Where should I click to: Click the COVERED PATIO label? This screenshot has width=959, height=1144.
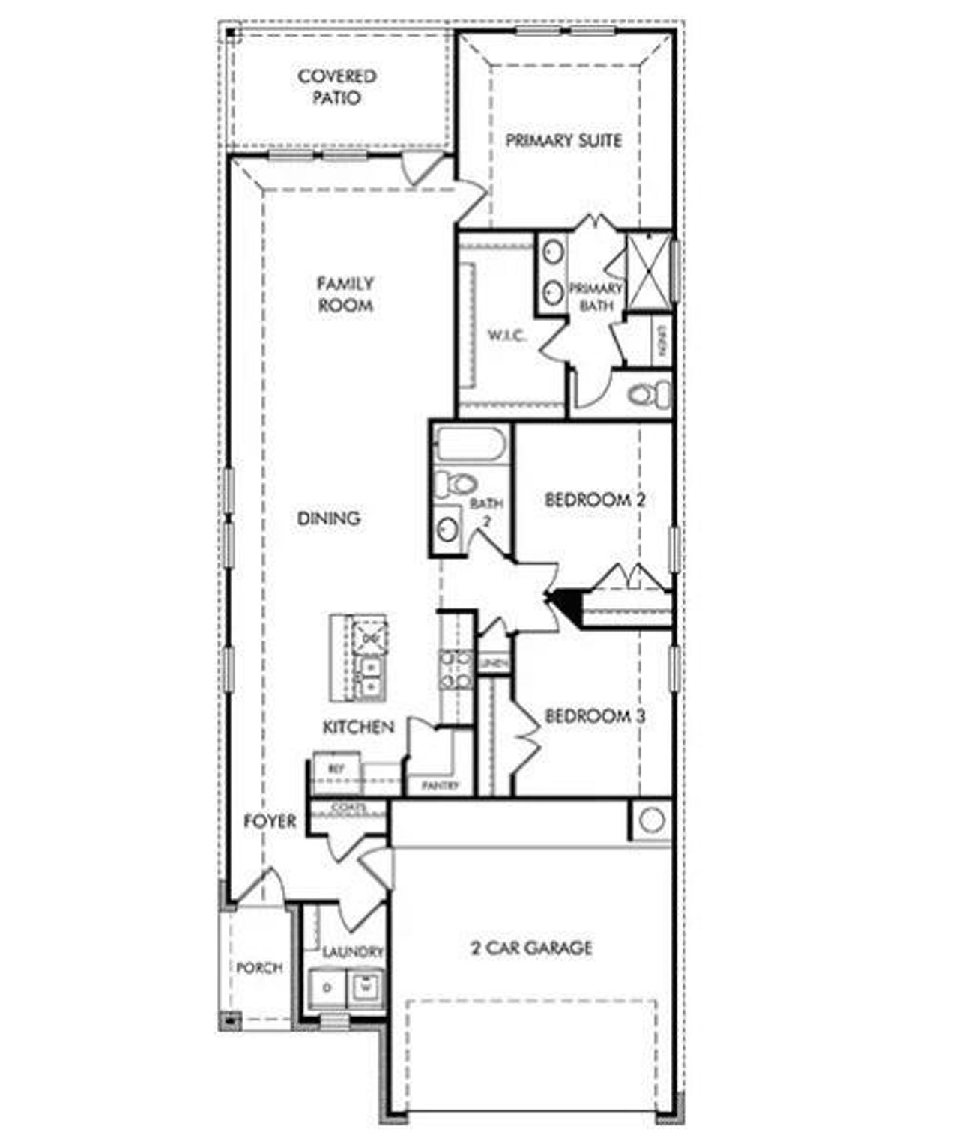coord(336,87)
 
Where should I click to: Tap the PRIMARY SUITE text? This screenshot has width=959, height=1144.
coord(563,140)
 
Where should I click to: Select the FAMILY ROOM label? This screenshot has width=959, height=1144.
coord(345,294)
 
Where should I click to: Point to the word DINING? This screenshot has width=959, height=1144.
coord(329,518)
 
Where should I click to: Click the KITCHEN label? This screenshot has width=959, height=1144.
coord(358,727)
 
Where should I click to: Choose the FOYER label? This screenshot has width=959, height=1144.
coord(270,821)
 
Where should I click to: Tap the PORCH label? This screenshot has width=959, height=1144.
coord(259,968)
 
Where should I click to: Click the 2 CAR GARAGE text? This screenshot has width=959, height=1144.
coord(531,948)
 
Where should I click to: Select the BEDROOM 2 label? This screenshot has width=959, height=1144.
coord(595,499)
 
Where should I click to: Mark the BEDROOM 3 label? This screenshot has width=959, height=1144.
coord(595,715)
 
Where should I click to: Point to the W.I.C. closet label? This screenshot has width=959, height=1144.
coord(507,335)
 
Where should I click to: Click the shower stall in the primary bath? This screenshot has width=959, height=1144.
coord(648,271)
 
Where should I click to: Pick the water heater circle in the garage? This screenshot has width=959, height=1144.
coord(651,820)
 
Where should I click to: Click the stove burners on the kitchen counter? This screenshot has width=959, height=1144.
coord(456,669)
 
